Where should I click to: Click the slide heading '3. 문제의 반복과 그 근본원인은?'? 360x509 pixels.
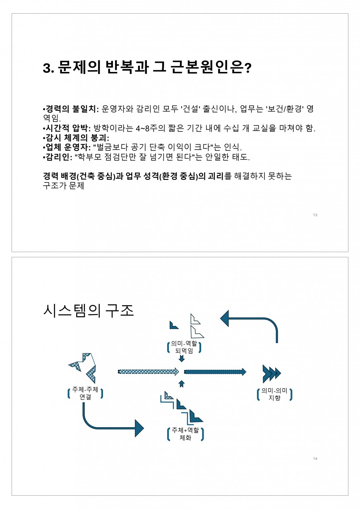point(147,67)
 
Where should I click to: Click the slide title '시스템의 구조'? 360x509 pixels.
point(88,311)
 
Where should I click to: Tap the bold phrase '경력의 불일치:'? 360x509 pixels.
point(71,109)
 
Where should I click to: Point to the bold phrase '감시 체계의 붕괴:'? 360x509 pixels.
point(76,138)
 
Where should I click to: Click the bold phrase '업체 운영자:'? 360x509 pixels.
point(67,147)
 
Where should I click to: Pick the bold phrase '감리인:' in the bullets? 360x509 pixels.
point(57,157)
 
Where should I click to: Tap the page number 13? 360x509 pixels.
point(315,215)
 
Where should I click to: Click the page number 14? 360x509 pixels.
point(315,459)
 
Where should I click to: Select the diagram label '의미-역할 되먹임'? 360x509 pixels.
point(184,347)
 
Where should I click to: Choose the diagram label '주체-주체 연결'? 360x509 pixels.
point(85,393)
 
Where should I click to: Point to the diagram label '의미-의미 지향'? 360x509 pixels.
point(274,394)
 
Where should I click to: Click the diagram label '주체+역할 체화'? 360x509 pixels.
point(185,434)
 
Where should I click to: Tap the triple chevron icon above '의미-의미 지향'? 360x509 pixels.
point(272,373)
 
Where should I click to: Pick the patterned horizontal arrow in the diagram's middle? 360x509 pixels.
point(148,372)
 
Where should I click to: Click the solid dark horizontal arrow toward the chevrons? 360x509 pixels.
point(215,372)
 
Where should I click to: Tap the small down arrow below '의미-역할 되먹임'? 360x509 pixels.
point(182,358)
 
